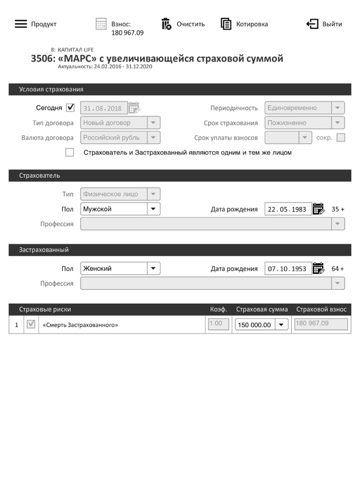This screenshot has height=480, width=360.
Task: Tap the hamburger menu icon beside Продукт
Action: (x=21, y=24)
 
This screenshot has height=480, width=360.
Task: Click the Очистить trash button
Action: (x=166, y=24)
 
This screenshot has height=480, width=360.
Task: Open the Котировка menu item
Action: (x=226, y=24)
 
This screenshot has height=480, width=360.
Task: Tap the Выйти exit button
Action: (x=312, y=24)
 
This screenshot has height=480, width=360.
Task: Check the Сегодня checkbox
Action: (x=70, y=107)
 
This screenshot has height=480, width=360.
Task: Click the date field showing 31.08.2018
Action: (x=104, y=108)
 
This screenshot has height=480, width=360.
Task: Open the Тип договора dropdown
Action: (x=120, y=123)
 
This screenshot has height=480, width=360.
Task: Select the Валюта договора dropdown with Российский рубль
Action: (x=120, y=138)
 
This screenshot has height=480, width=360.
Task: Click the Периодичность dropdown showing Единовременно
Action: (x=305, y=108)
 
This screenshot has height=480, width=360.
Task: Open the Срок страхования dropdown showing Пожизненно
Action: (x=305, y=123)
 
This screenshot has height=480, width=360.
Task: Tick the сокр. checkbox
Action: (x=341, y=138)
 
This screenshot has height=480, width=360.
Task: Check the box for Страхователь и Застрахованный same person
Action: (x=70, y=152)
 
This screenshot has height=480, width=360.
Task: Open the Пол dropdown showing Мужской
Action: (x=120, y=209)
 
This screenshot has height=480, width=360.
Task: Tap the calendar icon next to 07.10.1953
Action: (x=319, y=269)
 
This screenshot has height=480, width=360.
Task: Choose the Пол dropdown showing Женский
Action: (x=120, y=269)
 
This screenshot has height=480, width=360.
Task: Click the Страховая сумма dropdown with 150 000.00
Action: (x=261, y=324)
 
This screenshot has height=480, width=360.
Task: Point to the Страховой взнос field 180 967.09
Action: (x=321, y=324)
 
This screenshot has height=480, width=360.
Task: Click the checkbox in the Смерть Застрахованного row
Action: (x=31, y=324)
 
